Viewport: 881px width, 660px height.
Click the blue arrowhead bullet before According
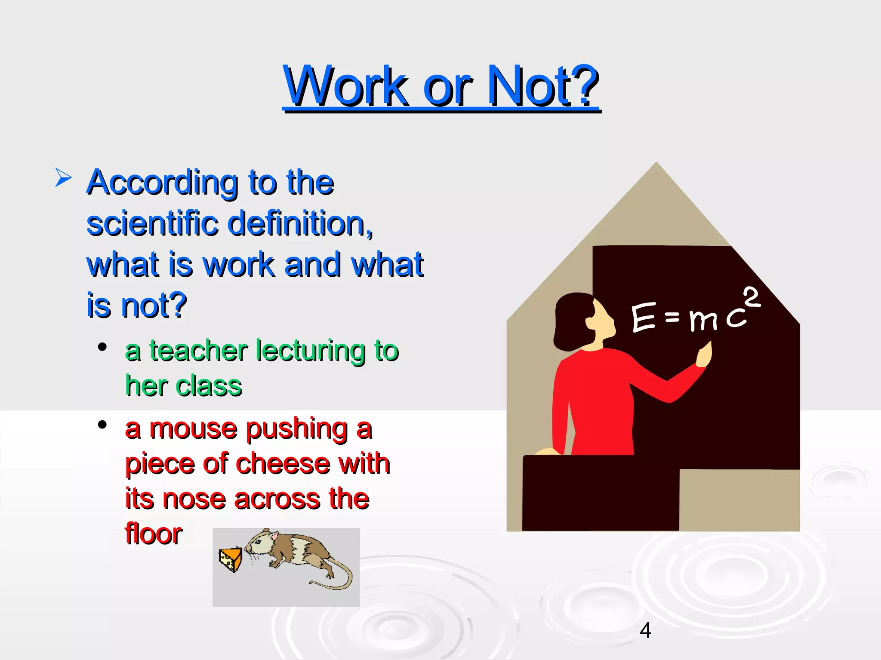click(63, 177)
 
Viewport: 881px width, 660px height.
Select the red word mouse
click(193, 429)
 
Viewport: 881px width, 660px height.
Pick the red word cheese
click(284, 464)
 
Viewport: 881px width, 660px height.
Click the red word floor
click(154, 534)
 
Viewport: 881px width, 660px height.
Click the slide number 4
click(645, 630)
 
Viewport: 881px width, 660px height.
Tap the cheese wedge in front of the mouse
click(231, 559)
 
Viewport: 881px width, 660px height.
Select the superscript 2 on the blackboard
click(752, 297)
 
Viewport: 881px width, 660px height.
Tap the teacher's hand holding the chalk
click(704, 355)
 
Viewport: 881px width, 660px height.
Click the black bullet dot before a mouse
click(102, 425)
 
